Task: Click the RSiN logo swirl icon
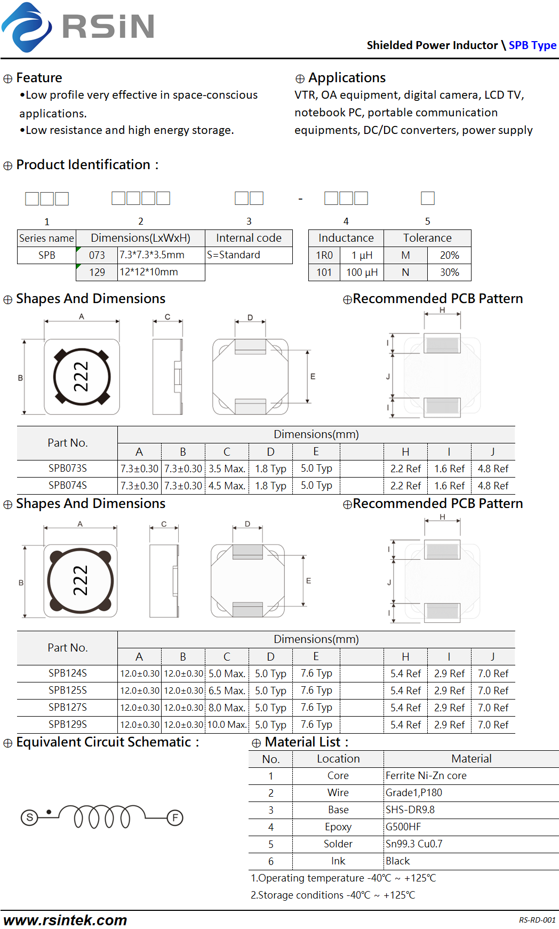27,27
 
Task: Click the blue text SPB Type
532,45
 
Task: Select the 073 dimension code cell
97,255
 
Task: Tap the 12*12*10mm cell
161,272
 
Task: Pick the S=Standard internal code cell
249,255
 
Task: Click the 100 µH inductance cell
362,272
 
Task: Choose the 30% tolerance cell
449,272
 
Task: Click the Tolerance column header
427,238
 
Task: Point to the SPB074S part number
68,485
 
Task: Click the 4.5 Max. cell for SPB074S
227,486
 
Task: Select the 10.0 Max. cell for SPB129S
227,725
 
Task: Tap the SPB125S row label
68,690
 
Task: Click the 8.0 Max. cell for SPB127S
227,708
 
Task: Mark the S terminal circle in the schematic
29,817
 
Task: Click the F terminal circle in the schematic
175,817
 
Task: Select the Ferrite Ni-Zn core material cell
426,775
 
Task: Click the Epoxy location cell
338,827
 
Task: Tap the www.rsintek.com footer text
65,920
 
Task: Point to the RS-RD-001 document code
537,920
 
